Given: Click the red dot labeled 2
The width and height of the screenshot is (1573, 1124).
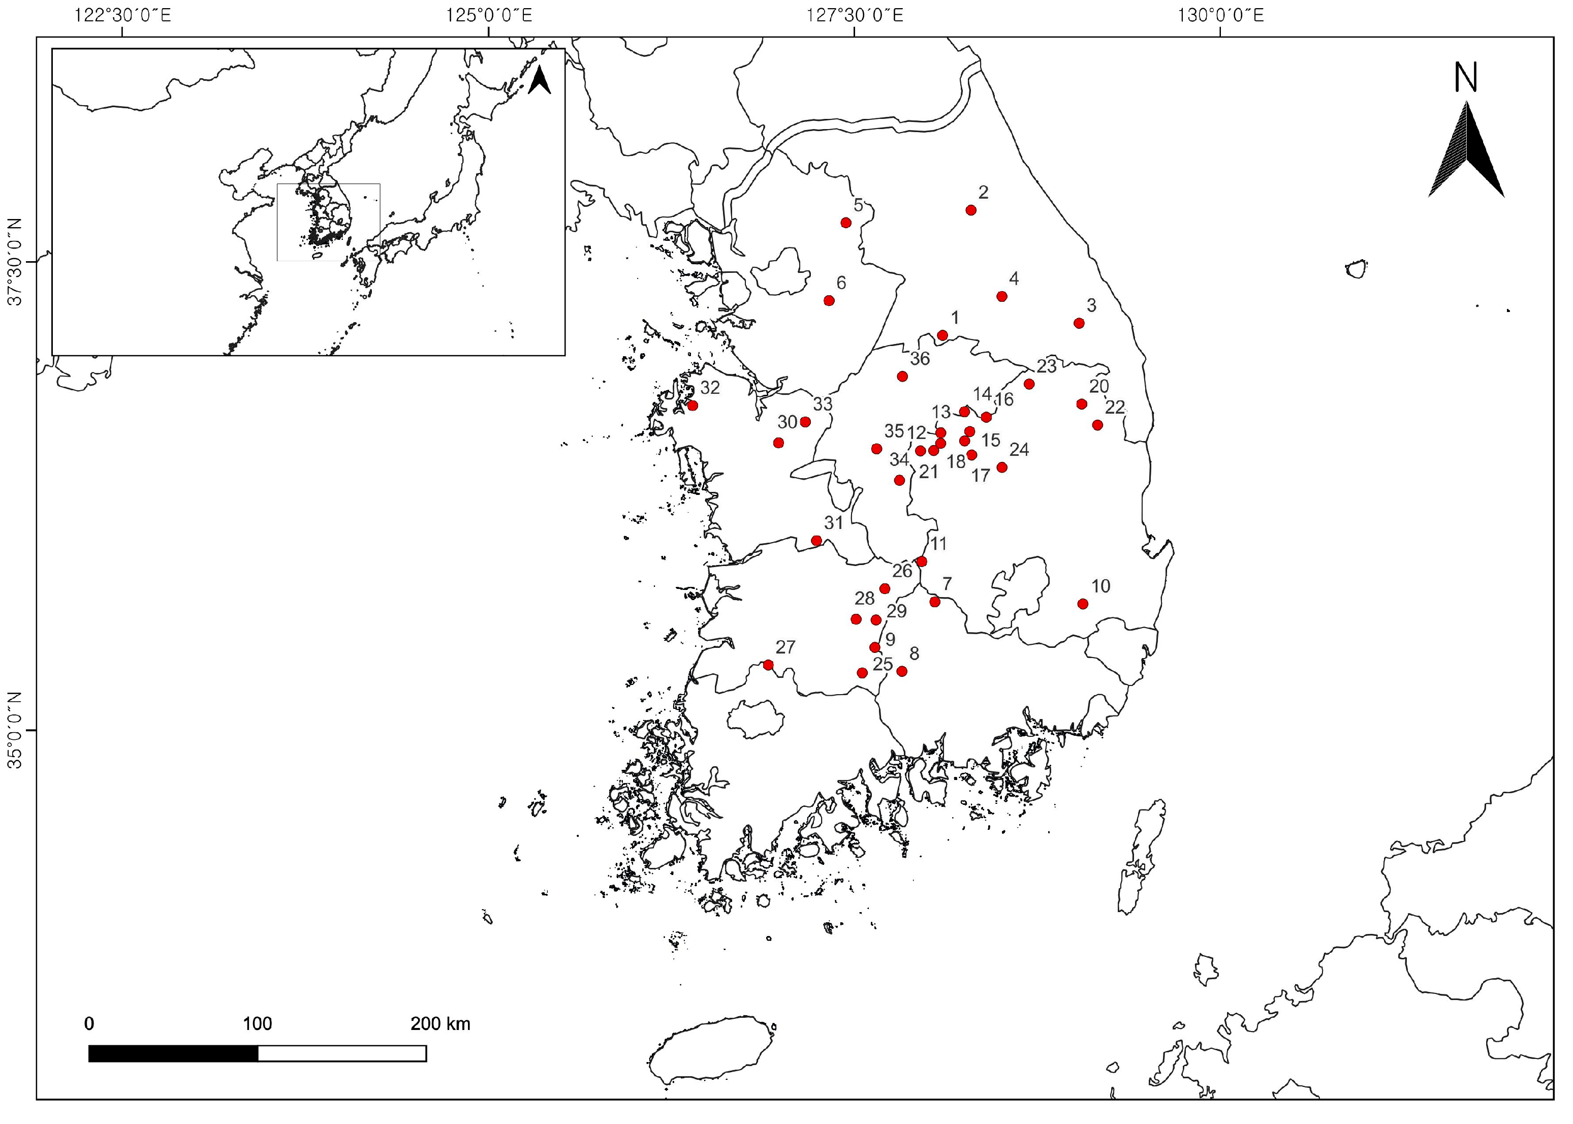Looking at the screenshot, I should click(970, 210).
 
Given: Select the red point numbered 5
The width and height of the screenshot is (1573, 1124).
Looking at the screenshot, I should click(845, 222).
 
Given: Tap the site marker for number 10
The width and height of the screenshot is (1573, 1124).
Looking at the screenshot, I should click(1083, 604).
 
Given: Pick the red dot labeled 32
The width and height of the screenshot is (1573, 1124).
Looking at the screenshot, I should click(692, 405).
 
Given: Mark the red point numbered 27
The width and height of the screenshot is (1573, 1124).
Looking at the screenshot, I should click(768, 665).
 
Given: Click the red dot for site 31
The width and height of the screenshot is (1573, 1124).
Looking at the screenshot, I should click(816, 541).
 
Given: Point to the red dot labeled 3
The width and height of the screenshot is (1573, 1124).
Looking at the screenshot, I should click(1078, 323).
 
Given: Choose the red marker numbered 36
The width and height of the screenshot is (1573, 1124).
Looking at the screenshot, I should click(902, 376).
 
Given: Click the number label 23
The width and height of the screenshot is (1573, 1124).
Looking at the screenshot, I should click(1046, 365).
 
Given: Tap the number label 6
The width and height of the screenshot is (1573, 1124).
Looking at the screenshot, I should click(841, 283).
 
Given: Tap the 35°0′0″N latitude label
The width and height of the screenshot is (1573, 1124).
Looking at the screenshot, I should click(15, 731).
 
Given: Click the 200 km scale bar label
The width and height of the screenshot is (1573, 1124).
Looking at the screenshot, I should click(440, 1023).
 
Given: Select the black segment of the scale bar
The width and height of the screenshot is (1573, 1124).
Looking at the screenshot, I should click(173, 1053).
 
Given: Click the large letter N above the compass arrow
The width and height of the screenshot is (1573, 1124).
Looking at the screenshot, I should click(1465, 78).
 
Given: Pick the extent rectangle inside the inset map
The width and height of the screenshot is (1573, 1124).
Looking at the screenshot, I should click(328, 222).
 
